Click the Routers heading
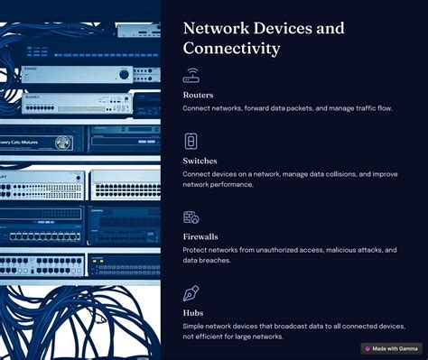198,94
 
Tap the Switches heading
200,160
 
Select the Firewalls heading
200,236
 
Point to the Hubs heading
193,312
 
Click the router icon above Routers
191,75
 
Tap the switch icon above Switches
191,141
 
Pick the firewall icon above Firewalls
191,217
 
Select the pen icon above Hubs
191,293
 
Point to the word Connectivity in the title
231,49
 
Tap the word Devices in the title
285,28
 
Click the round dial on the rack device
64,143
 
